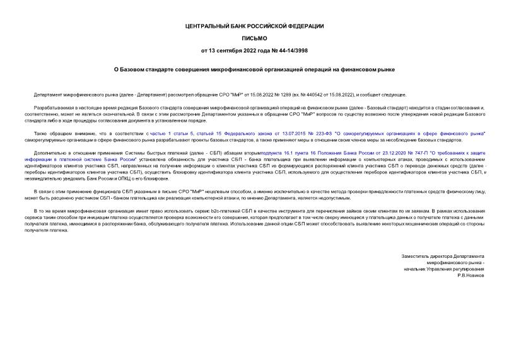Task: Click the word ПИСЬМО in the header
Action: click(x=254, y=38)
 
